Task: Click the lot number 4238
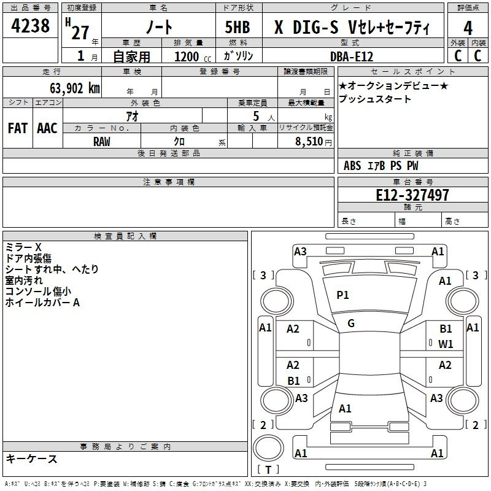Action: pos(30,25)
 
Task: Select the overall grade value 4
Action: pos(468,28)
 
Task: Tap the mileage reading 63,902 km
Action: pos(75,88)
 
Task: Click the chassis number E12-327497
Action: pos(412,195)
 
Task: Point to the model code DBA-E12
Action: pos(352,56)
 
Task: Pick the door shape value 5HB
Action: pos(238,27)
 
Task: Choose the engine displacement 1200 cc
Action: pos(193,56)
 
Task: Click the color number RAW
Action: pos(102,142)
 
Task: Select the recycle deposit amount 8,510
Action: pos(309,142)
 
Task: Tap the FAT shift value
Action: pos(18,128)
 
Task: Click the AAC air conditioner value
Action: pos(47,128)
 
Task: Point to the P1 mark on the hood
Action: pos(342,295)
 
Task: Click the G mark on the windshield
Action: pos(351,323)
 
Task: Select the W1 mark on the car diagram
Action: pos(446,344)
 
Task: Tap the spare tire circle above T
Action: pos(268,448)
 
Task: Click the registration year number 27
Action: pos(80,33)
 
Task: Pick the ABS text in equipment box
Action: pos(352,166)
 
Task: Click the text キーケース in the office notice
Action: pos(32,459)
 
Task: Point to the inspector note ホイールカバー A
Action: pos(42,303)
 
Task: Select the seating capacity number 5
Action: pos(256,116)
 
